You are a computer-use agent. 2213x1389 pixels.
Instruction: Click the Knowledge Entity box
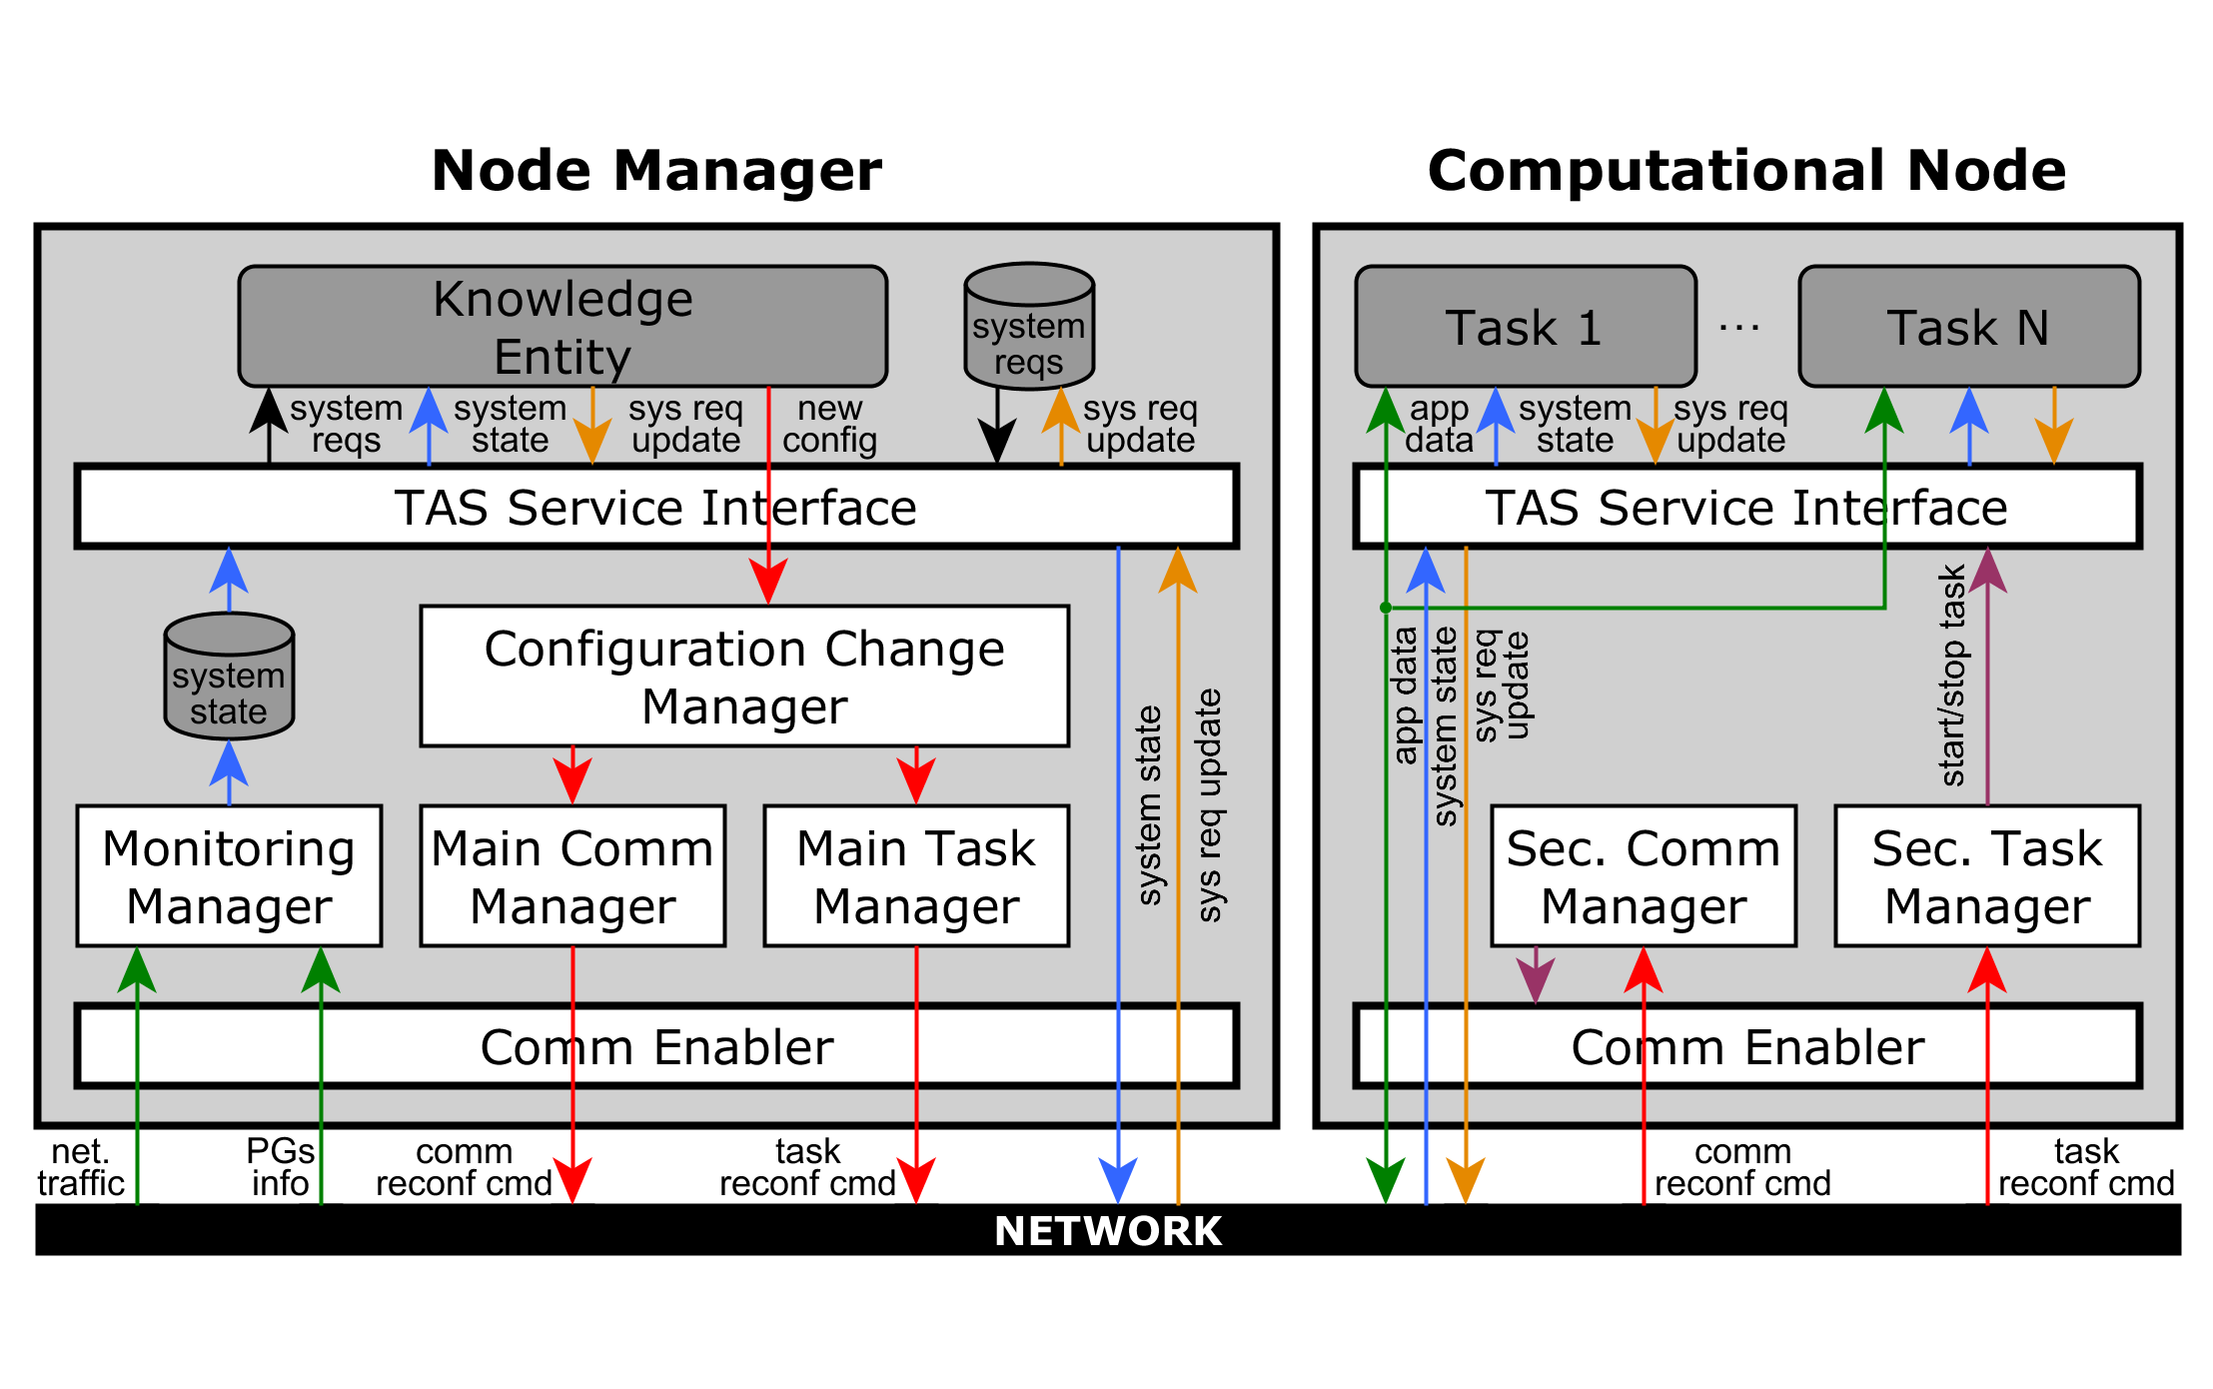(x=562, y=326)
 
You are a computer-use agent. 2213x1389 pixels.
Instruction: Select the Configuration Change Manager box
(x=744, y=676)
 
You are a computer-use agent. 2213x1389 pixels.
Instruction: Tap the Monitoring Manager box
(x=229, y=875)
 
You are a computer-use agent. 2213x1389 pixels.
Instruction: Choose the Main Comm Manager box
(x=572, y=875)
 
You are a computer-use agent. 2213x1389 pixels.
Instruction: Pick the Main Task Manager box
(x=916, y=875)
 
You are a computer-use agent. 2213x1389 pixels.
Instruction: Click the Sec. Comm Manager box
(x=1644, y=875)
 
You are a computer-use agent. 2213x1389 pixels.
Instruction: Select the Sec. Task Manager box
(x=1987, y=875)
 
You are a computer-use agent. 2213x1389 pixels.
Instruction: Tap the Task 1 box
(x=1526, y=326)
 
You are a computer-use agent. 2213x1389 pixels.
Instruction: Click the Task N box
(x=1969, y=326)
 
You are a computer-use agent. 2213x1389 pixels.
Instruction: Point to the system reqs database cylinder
(x=1029, y=326)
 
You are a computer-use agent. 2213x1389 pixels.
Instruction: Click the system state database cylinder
(x=229, y=676)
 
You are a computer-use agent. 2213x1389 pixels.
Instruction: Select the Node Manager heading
(x=656, y=170)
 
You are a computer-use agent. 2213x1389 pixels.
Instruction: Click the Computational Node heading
(x=1746, y=170)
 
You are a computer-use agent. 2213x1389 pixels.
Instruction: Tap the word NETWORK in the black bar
(x=1108, y=1231)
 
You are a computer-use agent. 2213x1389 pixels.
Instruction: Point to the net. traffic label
(x=81, y=1167)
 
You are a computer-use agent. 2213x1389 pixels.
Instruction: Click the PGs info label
(x=281, y=1167)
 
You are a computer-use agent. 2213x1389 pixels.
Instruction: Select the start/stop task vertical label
(x=1952, y=676)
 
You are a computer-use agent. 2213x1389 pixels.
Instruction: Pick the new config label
(x=829, y=424)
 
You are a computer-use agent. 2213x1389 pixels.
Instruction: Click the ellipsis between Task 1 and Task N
(x=1739, y=327)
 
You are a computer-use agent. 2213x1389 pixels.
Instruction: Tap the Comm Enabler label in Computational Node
(x=1747, y=1047)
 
